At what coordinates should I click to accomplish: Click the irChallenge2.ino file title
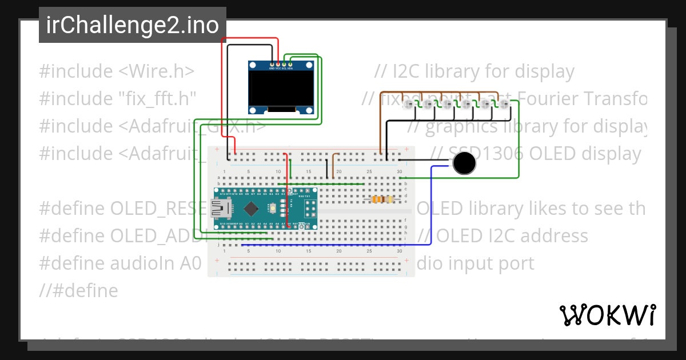click(132, 25)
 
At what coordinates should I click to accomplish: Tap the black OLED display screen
click(281, 89)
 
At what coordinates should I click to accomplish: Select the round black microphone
click(464, 163)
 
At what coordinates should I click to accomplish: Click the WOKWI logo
click(607, 315)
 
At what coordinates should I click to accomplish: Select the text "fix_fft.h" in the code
click(154, 99)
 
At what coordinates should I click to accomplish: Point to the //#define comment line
click(78, 291)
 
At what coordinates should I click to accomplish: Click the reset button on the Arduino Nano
click(273, 207)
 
